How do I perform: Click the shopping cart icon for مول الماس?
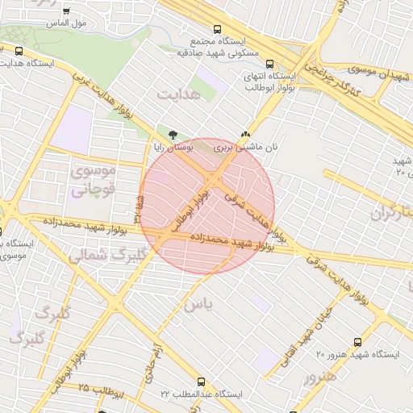point(65,12)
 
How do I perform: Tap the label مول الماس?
point(90,23)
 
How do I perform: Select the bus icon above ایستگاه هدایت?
point(19,51)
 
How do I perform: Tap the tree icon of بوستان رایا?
point(171,134)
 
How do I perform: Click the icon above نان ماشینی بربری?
point(244,134)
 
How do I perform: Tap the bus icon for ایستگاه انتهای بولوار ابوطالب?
point(269,65)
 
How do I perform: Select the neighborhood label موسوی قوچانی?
point(94,180)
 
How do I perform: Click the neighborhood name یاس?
point(197,305)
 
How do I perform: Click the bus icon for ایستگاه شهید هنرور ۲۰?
point(357,342)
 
